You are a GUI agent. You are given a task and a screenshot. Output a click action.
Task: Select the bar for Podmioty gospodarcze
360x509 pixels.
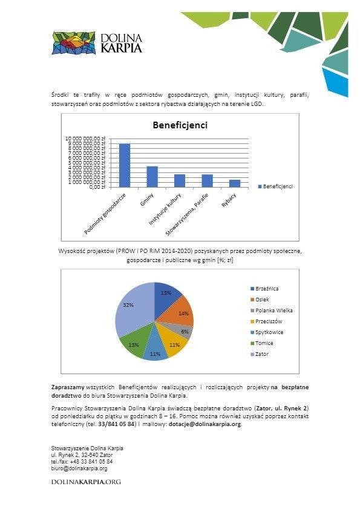pos(125,165)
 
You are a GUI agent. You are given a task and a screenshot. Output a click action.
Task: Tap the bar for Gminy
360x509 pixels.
pos(152,176)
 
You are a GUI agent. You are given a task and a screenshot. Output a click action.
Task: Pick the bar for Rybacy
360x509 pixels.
pos(235,183)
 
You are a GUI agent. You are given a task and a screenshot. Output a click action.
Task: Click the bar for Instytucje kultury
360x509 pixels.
pos(180,180)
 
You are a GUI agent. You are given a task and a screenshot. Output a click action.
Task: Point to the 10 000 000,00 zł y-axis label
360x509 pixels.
pos(85,139)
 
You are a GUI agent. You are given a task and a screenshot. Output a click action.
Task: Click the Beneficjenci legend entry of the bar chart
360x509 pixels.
pos(275,186)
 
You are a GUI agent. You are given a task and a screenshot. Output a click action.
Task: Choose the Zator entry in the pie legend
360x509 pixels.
pos(262,354)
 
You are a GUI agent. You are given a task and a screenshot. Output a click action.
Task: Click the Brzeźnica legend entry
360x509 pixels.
pos(266,289)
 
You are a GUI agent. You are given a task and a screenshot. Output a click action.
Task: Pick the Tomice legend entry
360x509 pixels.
pos(264,343)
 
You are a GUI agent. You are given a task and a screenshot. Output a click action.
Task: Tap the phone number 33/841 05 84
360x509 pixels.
pos(111,424)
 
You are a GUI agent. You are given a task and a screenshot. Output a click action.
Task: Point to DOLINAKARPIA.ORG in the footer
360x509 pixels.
pos(86,482)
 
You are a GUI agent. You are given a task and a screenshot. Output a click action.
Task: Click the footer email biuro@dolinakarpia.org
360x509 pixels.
pos(79,468)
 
